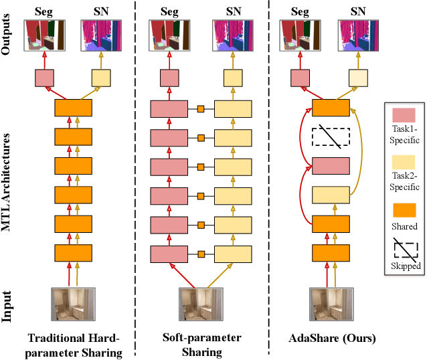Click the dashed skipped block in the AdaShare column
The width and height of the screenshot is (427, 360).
click(331, 137)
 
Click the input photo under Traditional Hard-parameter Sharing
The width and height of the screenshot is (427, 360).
click(74, 304)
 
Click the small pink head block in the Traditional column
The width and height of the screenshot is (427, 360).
click(44, 79)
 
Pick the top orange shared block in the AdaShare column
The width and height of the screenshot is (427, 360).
click(331, 108)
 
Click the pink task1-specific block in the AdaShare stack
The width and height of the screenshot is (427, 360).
click(331, 165)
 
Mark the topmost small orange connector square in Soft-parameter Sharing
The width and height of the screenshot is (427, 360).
click(199, 108)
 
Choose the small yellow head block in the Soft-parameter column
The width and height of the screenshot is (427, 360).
click(233, 79)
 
